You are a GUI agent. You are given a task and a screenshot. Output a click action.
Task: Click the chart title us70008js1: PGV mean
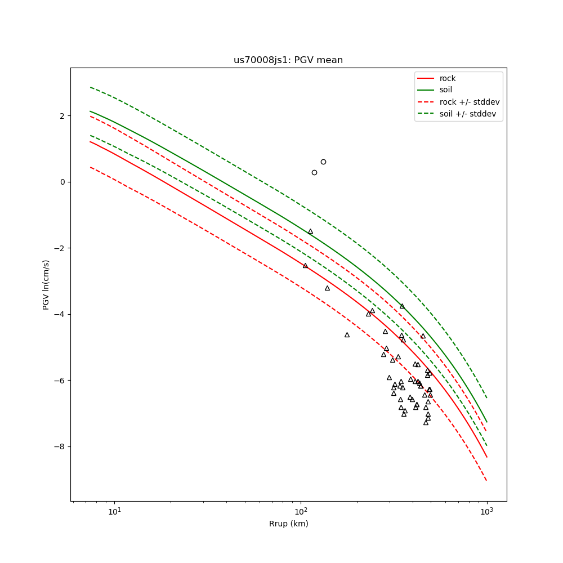click(x=288, y=60)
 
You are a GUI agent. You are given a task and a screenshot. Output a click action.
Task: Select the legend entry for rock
click(x=448, y=78)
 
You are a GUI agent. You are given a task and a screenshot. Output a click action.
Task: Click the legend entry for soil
click(x=446, y=90)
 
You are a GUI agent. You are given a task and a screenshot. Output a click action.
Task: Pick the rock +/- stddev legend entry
click(x=470, y=102)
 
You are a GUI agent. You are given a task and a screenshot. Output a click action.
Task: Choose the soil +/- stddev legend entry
click(x=470, y=114)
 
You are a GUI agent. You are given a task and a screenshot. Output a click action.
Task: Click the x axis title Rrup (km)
click(x=288, y=524)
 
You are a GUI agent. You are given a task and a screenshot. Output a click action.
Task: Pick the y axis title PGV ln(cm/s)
click(x=46, y=284)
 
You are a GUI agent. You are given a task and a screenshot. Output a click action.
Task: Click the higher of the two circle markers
click(x=323, y=162)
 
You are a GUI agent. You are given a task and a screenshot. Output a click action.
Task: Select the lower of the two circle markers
click(x=314, y=172)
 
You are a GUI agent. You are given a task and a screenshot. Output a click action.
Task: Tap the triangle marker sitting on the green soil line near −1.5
click(x=310, y=231)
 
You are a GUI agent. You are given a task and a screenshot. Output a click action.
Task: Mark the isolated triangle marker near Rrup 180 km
click(x=347, y=335)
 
